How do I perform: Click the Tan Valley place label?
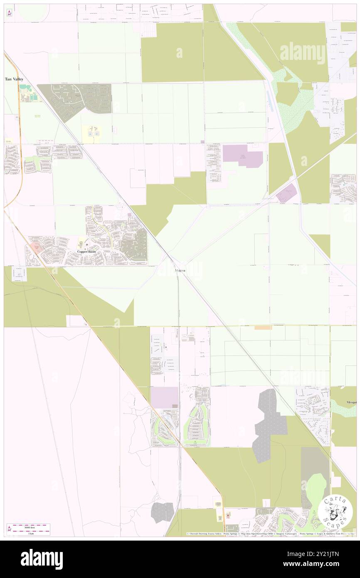tap(14, 79)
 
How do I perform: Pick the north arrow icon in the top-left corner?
tap(9, 13)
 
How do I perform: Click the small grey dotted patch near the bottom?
tap(162, 512)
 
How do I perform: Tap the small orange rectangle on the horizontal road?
tap(263, 328)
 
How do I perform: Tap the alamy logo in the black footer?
tap(42, 559)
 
